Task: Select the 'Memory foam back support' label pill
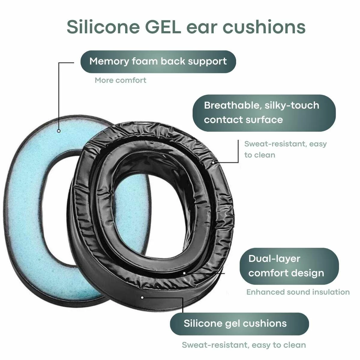pyautogui.click(x=158, y=61)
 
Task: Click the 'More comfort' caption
pyautogui.click(x=121, y=80)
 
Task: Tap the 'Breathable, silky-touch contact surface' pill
pyautogui.click(x=264, y=113)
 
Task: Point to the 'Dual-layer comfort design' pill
pyautogui.click(x=289, y=266)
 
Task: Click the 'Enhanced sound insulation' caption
pyautogui.click(x=298, y=292)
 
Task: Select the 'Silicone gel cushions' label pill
pyautogui.click(x=239, y=323)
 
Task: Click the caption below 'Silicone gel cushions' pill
pyautogui.click(x=244, y=345)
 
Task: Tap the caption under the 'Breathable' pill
pyautogui.click(x=285, y=149)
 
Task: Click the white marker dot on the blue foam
pyautogui.click(x=59, y=131)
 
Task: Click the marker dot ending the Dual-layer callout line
pyautogui.click(x=184, y=273)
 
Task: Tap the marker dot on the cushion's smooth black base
pyautogui.click(x=142, y=297)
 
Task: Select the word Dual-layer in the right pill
pyautogui.click(x=274, y=259)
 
